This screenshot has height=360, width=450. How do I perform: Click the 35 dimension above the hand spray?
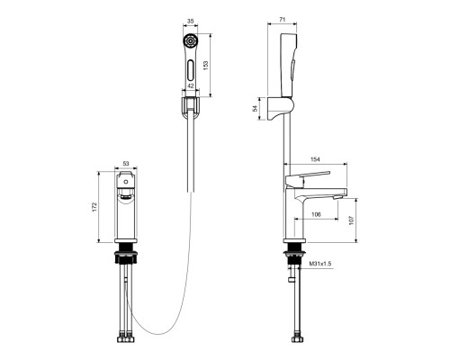point(191,21)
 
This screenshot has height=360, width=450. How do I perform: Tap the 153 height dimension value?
point(205,66)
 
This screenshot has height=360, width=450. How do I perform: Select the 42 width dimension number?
point(191,85)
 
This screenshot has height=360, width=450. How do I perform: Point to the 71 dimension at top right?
point(283,20)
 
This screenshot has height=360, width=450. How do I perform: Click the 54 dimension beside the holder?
point(256,108)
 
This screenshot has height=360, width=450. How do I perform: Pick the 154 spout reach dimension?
point(315,159)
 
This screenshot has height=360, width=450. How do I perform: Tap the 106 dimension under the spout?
point(316,214)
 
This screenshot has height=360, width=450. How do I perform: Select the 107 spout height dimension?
point(352,220)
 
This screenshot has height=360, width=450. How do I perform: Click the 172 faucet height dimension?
point(94,207)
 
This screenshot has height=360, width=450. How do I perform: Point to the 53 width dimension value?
point(126,164)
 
